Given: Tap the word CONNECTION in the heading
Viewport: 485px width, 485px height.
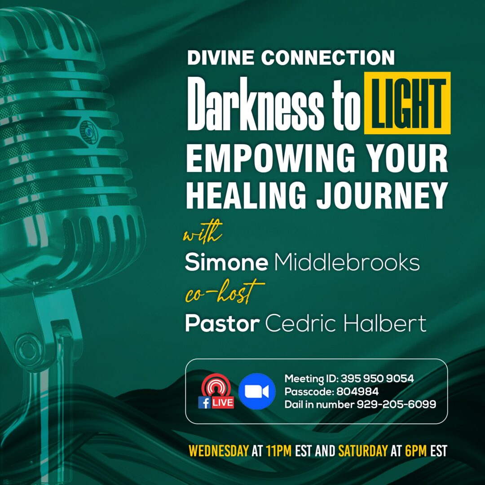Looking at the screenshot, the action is [x=328, y=57].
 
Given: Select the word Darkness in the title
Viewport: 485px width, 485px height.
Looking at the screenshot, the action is [x=256, y=104].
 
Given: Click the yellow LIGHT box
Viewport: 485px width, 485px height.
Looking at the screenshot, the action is [x=407, y=103].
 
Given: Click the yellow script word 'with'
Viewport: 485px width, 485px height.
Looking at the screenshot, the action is [x=203, y=232].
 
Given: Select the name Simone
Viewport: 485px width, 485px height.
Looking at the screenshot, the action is [x=226, y=262].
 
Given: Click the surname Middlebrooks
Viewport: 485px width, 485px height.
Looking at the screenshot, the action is [x=347, y=262].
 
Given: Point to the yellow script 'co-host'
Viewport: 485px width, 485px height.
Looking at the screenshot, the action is [x=224, y=291].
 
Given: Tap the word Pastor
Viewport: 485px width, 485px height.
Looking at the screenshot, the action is [x=222, y=323].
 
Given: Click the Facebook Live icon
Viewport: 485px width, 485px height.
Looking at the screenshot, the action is [x=216, y=391].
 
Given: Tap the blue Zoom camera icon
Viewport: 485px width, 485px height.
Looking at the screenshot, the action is [x=257, y=391].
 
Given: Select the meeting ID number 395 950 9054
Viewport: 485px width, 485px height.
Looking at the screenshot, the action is [x=377, y=378].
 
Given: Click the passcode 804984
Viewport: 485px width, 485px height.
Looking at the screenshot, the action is [x=357, y=392].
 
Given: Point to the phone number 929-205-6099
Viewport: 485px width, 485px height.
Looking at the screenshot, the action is [x=396, y=404].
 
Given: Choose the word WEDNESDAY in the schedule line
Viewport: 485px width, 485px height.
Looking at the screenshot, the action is [x=218, y=451].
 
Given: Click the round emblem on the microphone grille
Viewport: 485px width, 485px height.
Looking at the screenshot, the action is [x=89, y=132].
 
